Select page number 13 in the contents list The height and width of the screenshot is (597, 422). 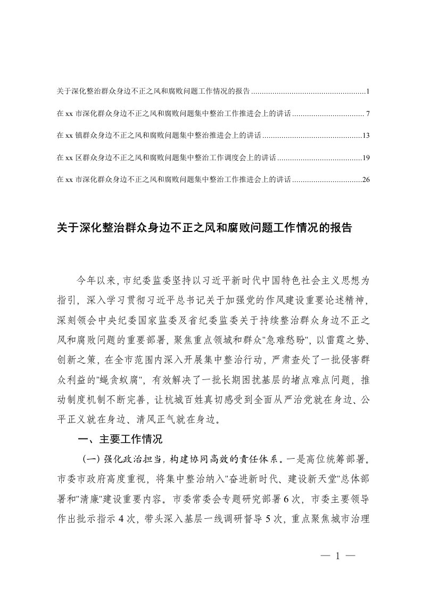(366, 136)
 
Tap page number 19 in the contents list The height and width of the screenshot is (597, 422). (366, 158)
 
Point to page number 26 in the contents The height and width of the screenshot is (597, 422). (366, 180)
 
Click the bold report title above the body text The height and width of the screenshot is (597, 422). (204, 228)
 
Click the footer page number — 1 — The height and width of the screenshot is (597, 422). (338, 557)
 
